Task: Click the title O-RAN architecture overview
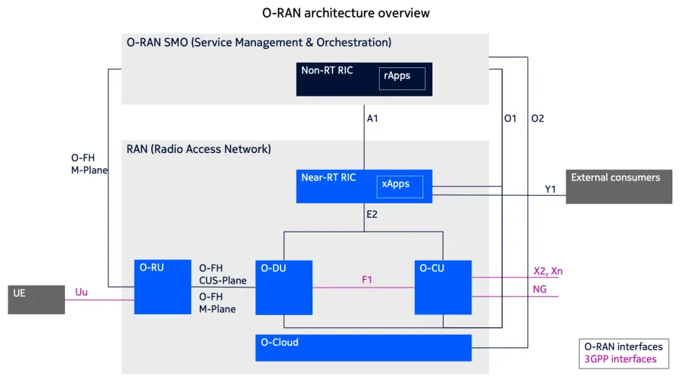coord(345,13)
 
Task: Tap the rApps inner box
coord(402,78)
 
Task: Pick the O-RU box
coord(161,287)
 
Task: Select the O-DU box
coord(283,288)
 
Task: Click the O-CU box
coord(442,288)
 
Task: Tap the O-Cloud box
coord(363,348)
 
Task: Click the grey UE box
coord(36,300)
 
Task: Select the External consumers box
coord(618,187)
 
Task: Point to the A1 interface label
coord(373,119)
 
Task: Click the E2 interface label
coord(372,215)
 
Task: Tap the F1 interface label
coord(367,280)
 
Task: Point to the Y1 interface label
coord(550,189)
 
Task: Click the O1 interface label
coord(510,119)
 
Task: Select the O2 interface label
coord(537,119)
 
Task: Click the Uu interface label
coord(81,292)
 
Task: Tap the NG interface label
coord(539,289)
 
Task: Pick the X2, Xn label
coord(548,271)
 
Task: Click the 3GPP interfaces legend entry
coord(620,359)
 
